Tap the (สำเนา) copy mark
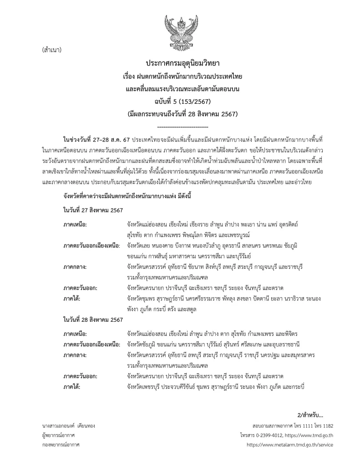click(51, 49)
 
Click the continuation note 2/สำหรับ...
click(310, 415)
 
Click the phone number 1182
click(327, 425)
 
